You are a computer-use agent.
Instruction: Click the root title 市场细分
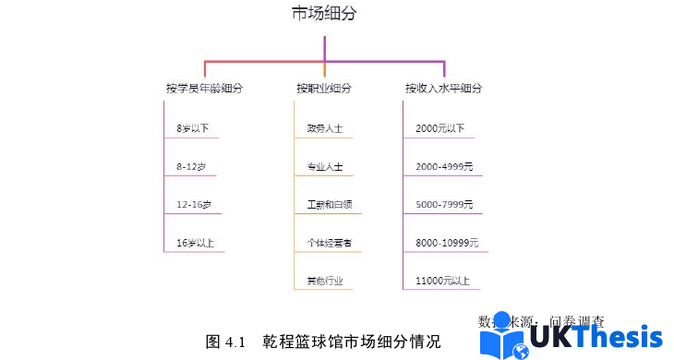pyautogui.click(x=323, y=13)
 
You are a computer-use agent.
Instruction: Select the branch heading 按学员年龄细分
pyautogui.click(x=204, y=89)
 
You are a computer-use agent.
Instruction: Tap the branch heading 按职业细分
pyautogui.click(x=323, y=89)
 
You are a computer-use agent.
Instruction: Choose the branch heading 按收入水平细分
pyautogui.click(x=443, y=89)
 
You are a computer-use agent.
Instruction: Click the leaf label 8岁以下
pyautogui.click(x=192, y=128)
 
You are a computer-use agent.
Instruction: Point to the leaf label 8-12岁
pyautogui.click(x=191, y=166)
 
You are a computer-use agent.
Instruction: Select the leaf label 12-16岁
pyautogui.click(x=194, y=204)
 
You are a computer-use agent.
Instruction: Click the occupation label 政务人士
pyautogui.click(x=325, y=128)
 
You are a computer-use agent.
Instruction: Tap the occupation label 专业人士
pyautogui.click(x=325, y=167)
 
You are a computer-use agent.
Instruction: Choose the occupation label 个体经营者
pyautogui.click(x=328, y=243)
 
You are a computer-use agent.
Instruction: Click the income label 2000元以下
pyautogui.click(x=440, y=128)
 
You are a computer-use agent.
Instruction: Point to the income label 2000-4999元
pyautogui.click(x=444, y=166)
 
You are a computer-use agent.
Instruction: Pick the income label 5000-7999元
pyautogui.click(x=444, y=204)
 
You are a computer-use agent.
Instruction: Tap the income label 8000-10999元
pyautogui.click(x=447, y=243)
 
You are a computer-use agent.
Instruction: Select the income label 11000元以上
pyautogui.click(x=443, y=281)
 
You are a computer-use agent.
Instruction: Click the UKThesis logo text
pyautogui.click(x=596, y=341)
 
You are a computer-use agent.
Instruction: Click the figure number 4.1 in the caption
pyautogui.click(x=233, y=342)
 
